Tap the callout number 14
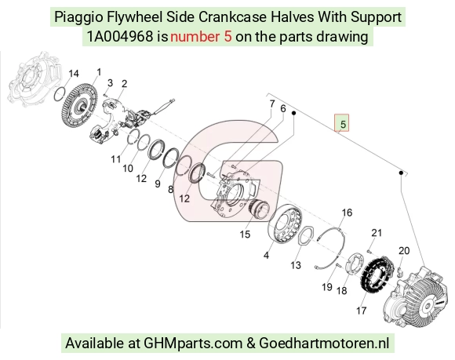click(x=74, y=74)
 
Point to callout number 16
click(x=347, y=213)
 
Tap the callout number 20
click(x=404, y=251)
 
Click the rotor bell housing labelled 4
click(x=285, y=224)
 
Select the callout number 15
click(x=245, y=234)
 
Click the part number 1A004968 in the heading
click(x=120, y=37)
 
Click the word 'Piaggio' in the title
click(x=79, y=17)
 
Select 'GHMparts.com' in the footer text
click(x=193, y=344)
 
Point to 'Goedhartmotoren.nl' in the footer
click(x=324, y=343)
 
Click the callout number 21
click(x=377, y=233)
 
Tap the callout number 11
click(x=116, y=159)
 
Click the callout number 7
click(x=272, y=104)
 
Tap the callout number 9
click(x=158, y=184)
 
